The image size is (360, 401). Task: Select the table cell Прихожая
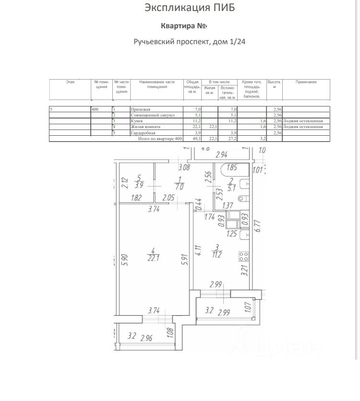pyautogui.click(x=140, y=110)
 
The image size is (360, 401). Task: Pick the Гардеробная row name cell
pyautogui.click(x=143, y=132)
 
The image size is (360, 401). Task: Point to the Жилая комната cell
pyautogui.click(x=145, y=127)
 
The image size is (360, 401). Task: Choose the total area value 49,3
pyautogui.click(x=197, y=138)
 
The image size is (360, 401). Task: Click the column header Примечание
pyautogui.click(x=306, y=82)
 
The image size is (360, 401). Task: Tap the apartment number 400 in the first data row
pyautogui.click(x=95, y=110)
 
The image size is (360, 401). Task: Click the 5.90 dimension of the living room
pyautogui.click(x=124, y=259)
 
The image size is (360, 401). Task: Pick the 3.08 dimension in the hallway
pyautogui.click(x=183, y=167)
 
